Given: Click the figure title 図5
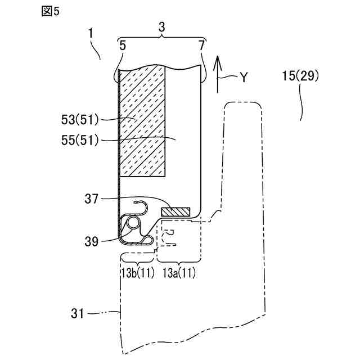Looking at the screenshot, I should click(50, 12).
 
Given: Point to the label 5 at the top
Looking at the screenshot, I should click(123, 45).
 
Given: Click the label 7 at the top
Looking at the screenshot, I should click(201, 45).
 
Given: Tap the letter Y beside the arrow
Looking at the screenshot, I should click(243, 78).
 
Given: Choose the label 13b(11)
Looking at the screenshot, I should click(136, 274).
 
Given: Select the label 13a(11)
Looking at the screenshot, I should click(179, 274).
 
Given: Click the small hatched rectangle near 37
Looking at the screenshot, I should click(176, 211).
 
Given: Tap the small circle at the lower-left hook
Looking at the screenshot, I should click(132, 223).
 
